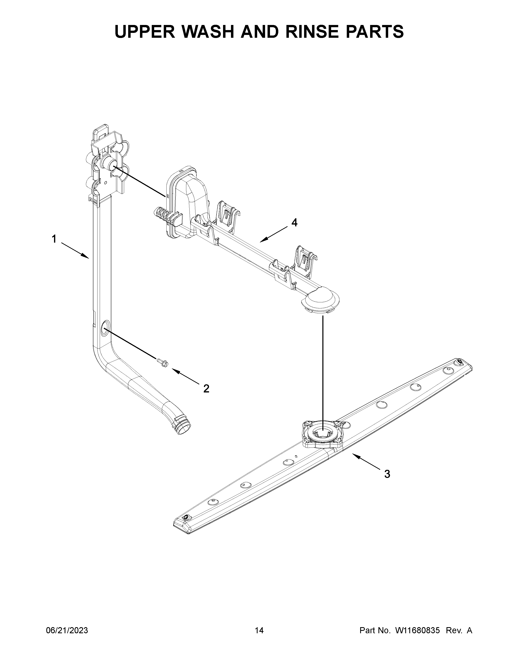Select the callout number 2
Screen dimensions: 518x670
click(x=206, y=389)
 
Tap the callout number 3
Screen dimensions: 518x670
click(x=387, y=474)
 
